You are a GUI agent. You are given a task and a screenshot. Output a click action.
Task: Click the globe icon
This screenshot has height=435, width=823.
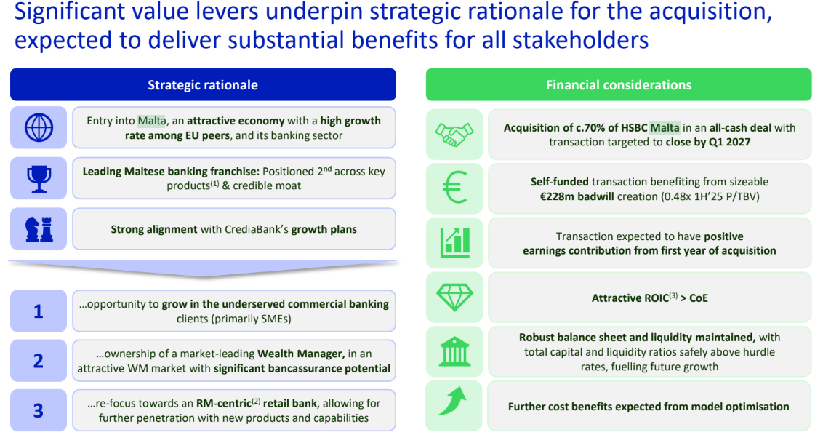click(39, 128)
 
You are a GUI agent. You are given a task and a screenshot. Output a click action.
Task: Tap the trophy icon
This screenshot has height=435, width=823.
click(39, 179)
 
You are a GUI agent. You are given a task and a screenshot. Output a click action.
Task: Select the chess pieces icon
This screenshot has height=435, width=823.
click(39, 229)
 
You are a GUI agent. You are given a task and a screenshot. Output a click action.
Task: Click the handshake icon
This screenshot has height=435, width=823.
click(454, 135)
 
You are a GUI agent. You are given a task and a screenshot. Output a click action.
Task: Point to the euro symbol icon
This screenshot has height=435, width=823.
click(454, 188)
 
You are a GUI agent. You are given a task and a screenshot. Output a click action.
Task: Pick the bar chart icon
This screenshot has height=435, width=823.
click(454, 242)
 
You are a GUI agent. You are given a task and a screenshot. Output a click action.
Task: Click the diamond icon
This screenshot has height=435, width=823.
click(454, 298)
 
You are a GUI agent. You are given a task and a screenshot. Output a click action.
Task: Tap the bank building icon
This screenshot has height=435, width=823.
click(454, 351)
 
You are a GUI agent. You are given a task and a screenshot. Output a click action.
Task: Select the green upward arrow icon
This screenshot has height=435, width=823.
click(452, 401)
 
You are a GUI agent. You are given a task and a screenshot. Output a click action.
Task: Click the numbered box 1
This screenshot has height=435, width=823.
click(39, 311)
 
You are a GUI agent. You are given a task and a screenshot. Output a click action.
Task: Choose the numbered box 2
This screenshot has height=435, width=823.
click(39, 360)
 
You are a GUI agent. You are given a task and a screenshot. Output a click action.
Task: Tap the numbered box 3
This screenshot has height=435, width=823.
click(39, 410)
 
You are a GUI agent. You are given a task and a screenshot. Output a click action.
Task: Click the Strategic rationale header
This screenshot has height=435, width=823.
click(203, 84)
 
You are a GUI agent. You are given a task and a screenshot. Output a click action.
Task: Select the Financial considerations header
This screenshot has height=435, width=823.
click(619, 84)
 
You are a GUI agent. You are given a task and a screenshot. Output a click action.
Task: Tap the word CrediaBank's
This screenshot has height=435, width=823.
click(256, 229)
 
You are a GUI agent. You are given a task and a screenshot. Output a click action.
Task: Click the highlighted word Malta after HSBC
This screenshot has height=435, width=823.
click(665, 128)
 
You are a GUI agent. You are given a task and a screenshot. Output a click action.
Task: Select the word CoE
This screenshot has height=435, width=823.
click(699, 298)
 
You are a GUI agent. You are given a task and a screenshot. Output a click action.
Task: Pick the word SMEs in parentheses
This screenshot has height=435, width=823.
click(276, 319)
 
